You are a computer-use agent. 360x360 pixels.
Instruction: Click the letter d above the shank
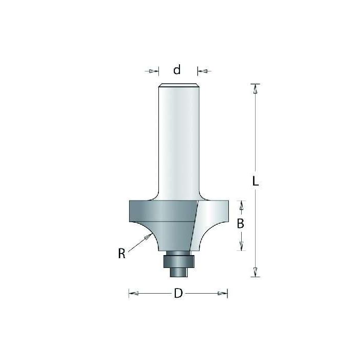tap(177, 70)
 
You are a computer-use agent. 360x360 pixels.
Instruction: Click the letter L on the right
tap(256, 181)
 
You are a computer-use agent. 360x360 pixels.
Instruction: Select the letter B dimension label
tap(240, 224)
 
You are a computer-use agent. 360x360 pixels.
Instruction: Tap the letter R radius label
tap(121, 253)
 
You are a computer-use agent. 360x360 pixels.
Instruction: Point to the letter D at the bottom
tap(178, 294)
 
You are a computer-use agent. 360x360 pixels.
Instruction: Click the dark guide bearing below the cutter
tap(178, 260)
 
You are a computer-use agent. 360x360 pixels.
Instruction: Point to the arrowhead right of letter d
tap(201, 70)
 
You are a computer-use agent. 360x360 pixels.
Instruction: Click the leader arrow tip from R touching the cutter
tap(149, 236)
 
